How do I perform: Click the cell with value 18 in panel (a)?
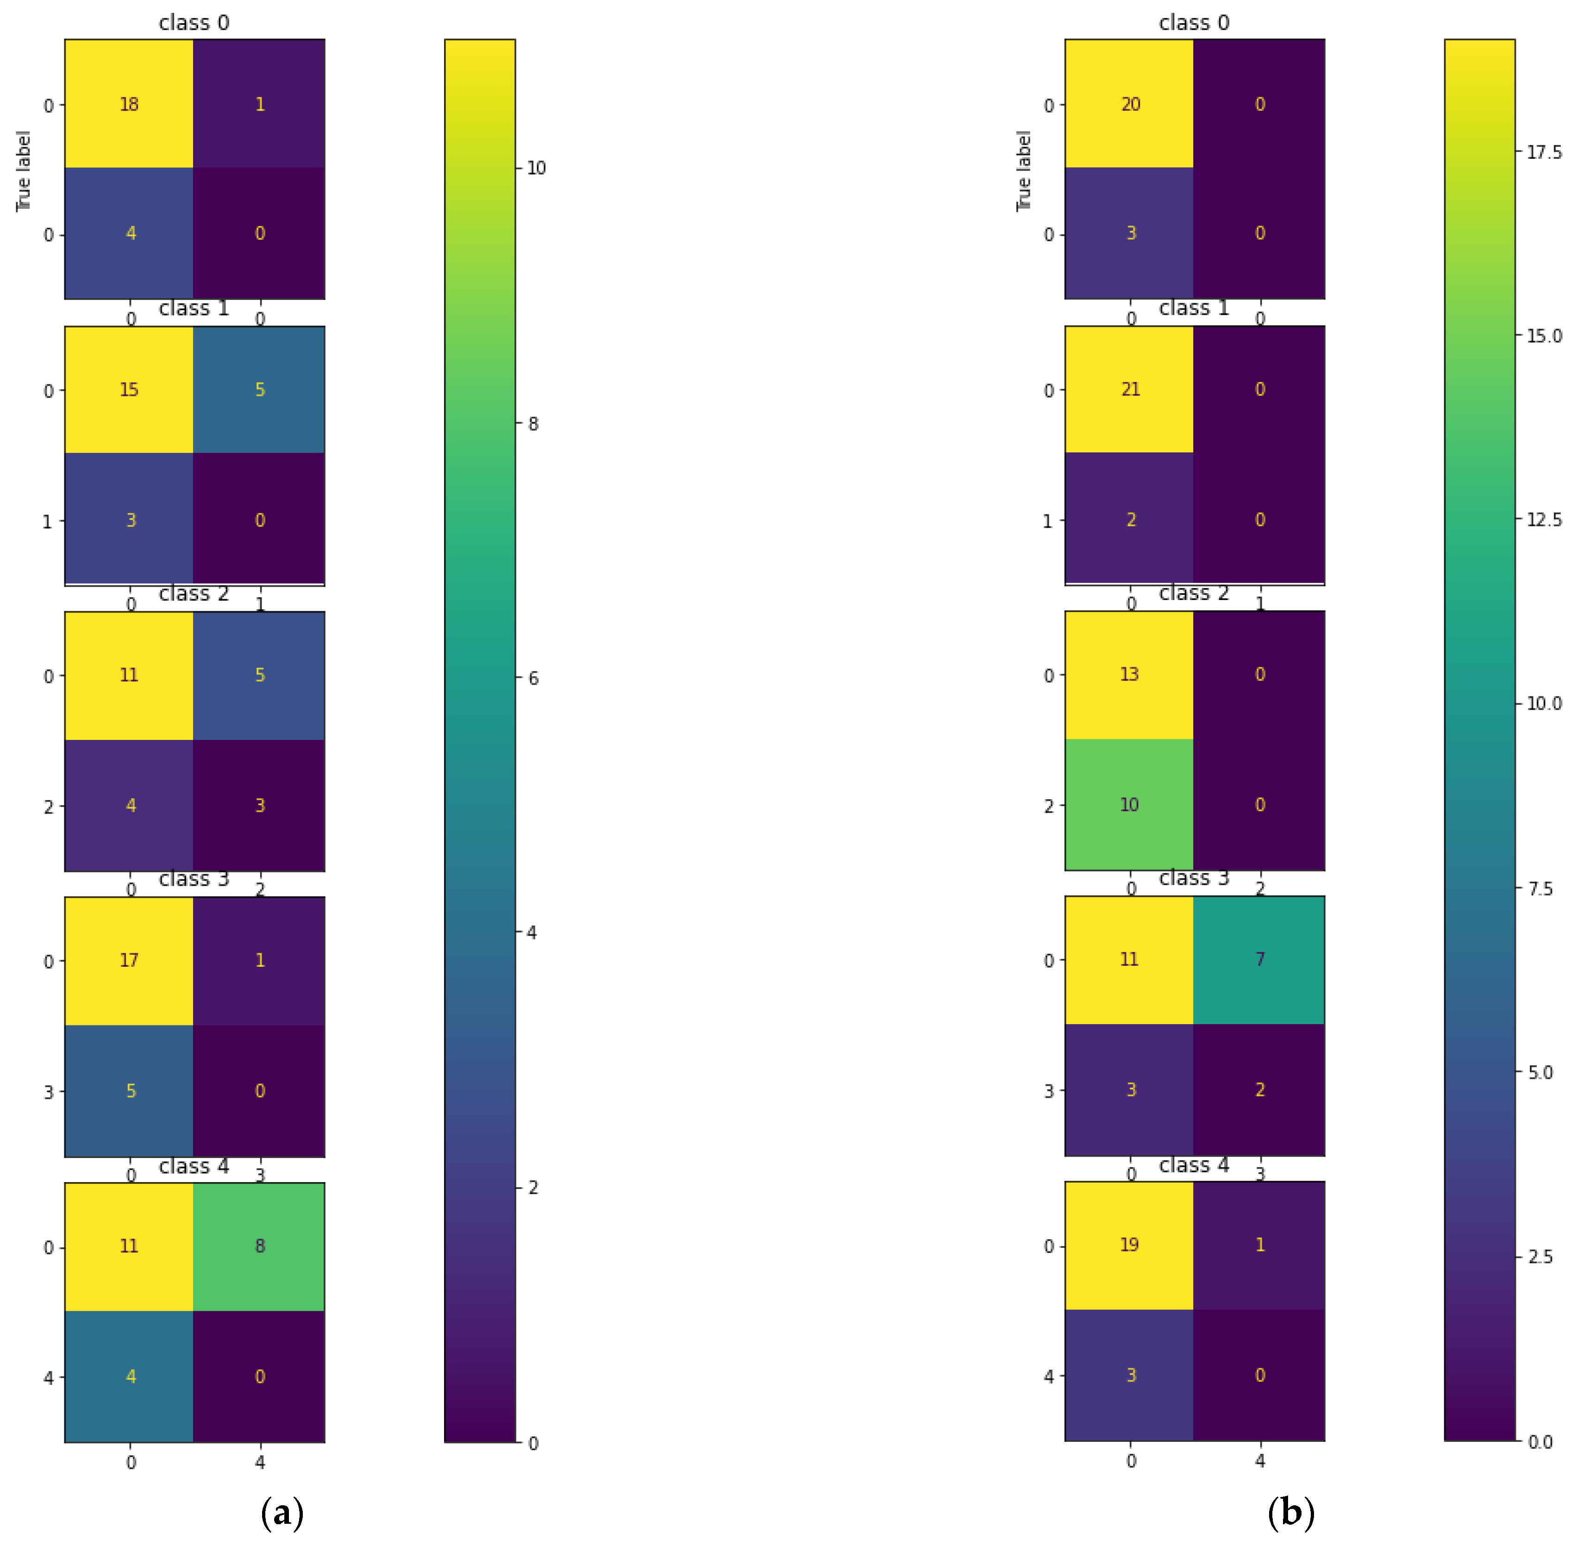[129, 104]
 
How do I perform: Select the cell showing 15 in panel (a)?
[129, 390]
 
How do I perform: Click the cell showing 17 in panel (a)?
[129, 961]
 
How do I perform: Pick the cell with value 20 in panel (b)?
[1130, 104]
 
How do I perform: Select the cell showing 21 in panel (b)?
[1130, 390]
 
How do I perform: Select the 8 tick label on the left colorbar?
[533, 424]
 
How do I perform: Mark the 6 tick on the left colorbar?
[533, 678]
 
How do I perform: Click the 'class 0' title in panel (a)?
[194, 23]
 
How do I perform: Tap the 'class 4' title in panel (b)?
[1194, 1165]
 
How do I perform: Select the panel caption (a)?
[282, 1512]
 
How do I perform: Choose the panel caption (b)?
[1290, 1512]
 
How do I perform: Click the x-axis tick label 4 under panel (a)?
[260, 1462]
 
